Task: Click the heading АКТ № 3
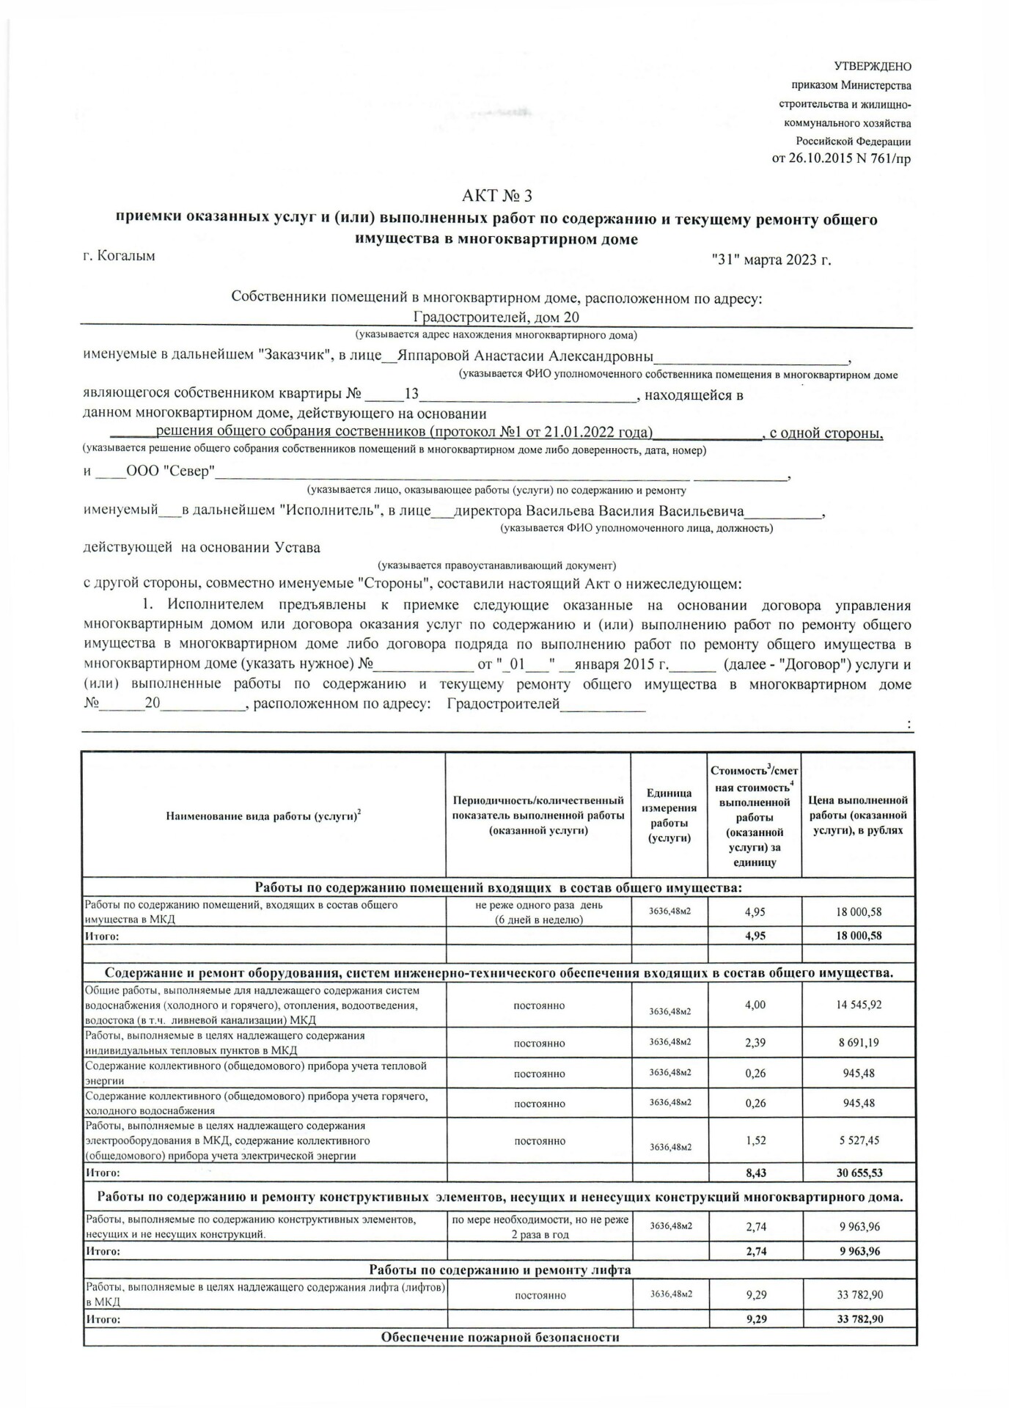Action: (x=496, y=196)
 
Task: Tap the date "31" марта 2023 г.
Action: (x=771, y=260)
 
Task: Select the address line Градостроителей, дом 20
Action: (x=496, y=318)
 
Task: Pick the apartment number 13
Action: (x=411, y=395)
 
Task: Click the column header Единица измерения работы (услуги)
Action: (x=669, y=815)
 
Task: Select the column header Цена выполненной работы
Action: (x=857, y=815)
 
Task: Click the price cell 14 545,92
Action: (x=858, y=1005)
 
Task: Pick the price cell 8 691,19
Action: (x=858, y=1042)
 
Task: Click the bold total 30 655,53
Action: (x=858, y=1173)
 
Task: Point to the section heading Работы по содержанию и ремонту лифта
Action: (x=499, y=1269)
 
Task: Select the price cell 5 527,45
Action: (x=858, y=1140)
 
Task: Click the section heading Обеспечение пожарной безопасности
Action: (x=499, y=1337)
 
